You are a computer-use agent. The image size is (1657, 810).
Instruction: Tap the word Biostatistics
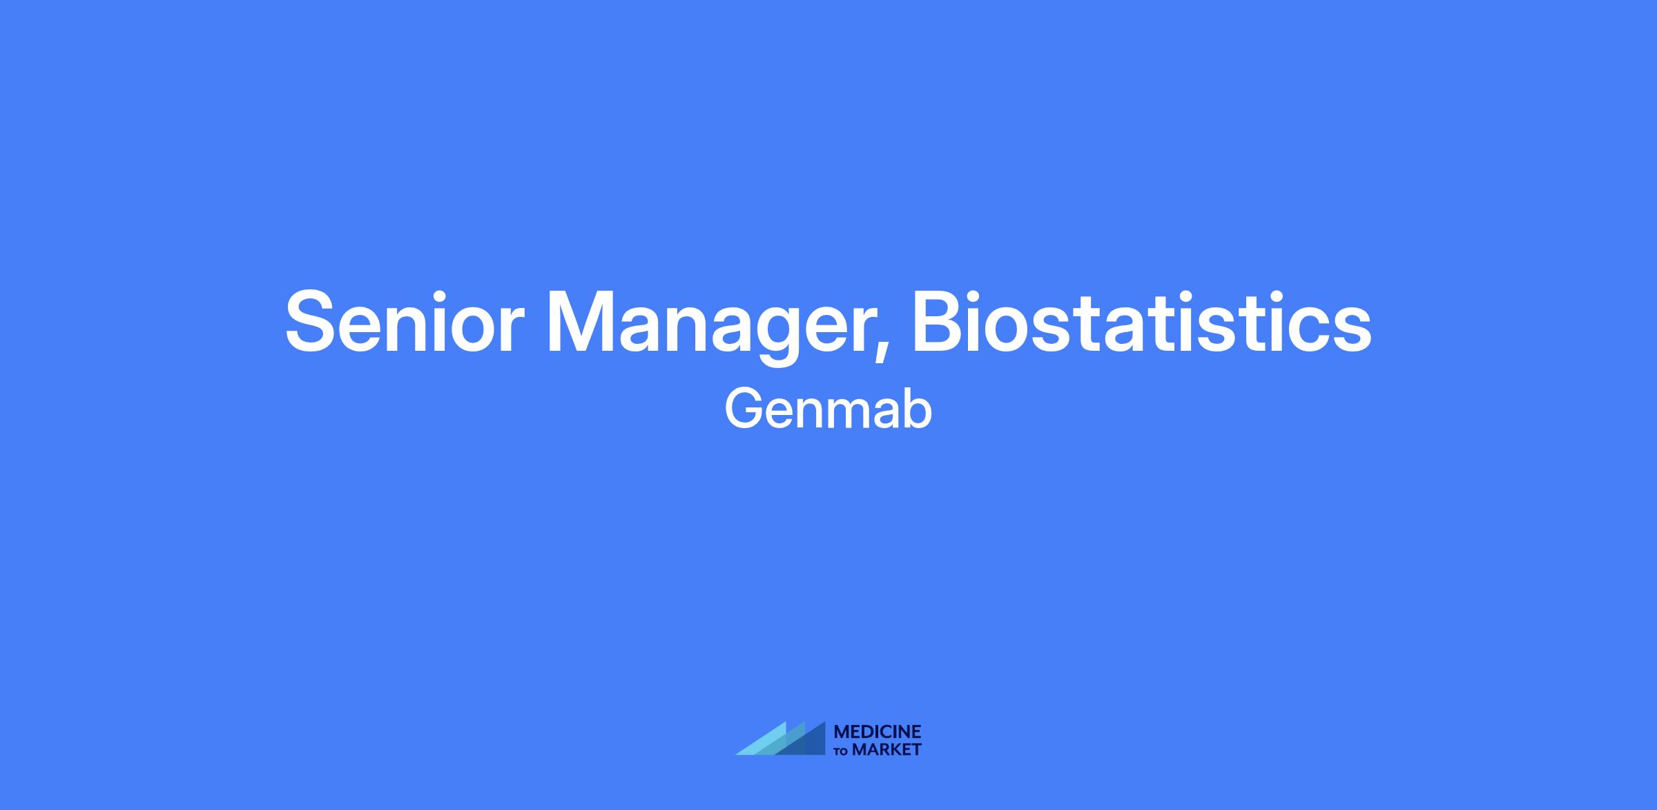(1142, 321)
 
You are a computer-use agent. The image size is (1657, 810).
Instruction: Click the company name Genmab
(828, 410)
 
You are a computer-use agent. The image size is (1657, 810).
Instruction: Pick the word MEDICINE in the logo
(878, 731)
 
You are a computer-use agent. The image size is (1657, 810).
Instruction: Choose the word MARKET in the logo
(887, 749)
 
